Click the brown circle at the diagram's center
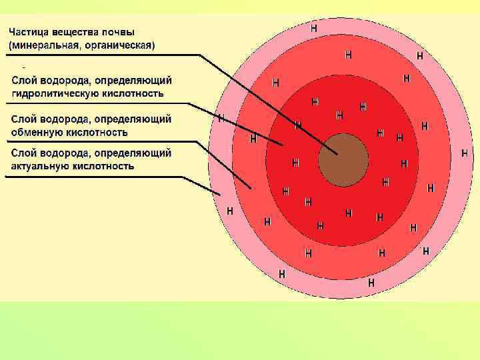[x=343, y=160]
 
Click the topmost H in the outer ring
[x=314, y=28]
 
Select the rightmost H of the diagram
[x=465, y=153]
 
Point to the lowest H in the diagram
[x=371, y=283]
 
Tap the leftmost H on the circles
[x=221, y=119]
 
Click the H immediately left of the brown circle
[x=295, y=162]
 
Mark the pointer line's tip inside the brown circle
[x=337, y=154]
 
